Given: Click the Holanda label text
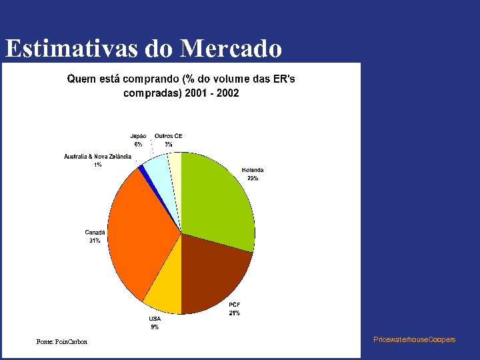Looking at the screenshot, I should pyautogui.click(x=252, y=170).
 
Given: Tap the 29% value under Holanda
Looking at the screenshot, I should pyautogui.click(x=253, y=178).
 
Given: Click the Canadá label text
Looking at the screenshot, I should pyautogui.click(x=95, y=232).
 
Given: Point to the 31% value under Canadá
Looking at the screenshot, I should pyautogui.click(x=95, y=241).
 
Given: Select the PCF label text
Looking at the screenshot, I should pyautogui.click(x=235, y=305).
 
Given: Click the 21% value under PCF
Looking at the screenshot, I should pyautogui.click(x=235, y=313).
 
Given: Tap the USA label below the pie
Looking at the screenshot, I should pyautogui.click(x=155, y=319).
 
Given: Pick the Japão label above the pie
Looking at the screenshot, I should pyautogui.click(x=138, y=136).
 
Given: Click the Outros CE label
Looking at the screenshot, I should pyautogui.click(x=168, y=136).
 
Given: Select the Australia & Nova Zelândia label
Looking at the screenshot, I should pyautogui.click(x=97, y=156).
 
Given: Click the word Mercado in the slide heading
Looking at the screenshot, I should pyautogui.click(x=231, y=49).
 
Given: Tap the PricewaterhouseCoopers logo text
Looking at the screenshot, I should pyautogui.click(x=415, y=339).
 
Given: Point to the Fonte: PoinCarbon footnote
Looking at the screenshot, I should pyautogui.click(x=62, y=342).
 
